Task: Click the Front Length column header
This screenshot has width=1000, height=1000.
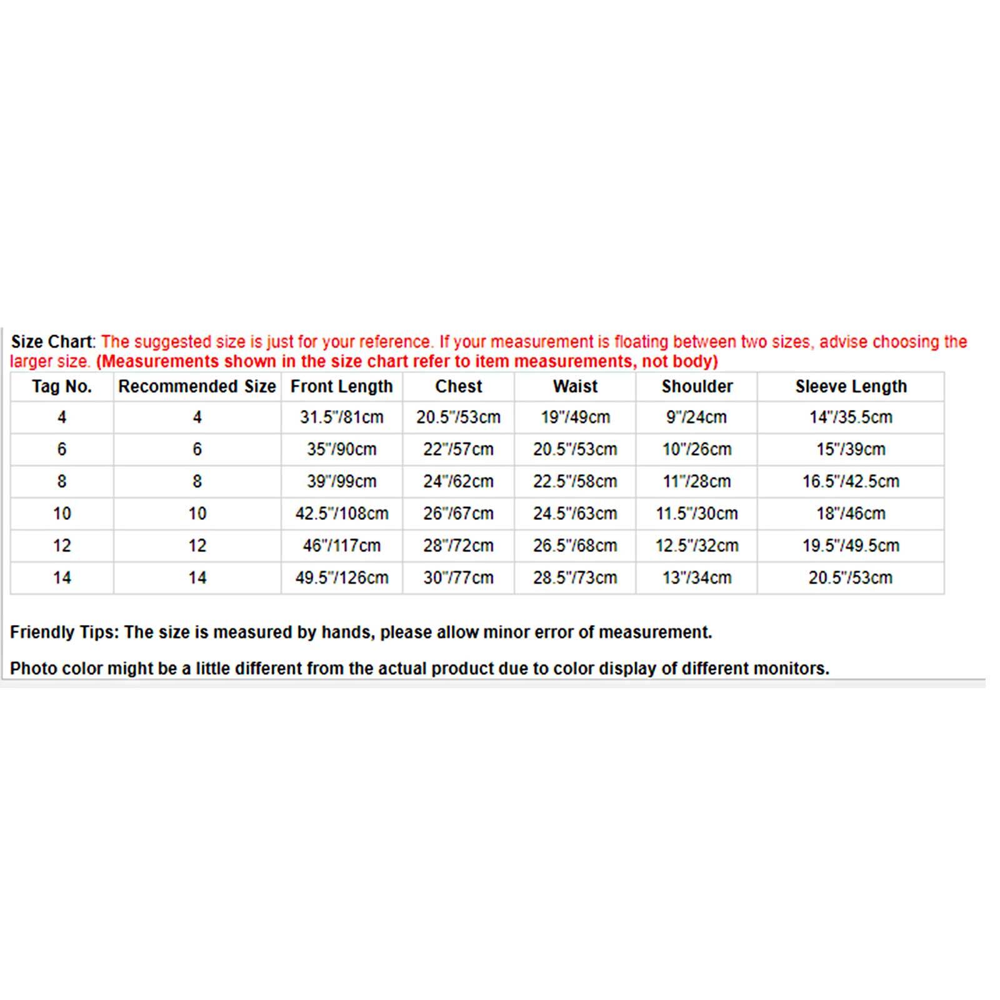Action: (341, 387)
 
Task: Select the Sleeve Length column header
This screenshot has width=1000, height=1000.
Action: (851, 387)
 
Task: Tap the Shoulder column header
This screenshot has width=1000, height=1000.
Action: (697, 387)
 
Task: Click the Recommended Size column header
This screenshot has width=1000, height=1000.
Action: (197, 387)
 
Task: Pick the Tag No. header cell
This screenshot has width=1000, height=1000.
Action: (62, 387)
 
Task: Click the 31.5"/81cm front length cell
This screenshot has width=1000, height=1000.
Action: (341, 417)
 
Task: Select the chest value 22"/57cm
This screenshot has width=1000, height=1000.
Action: (458, 449)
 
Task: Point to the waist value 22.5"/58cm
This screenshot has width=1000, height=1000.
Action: (575, 482)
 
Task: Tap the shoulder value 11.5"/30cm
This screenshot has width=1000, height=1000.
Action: (697, 514)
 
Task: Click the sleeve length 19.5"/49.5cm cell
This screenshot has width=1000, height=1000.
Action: (851, 546)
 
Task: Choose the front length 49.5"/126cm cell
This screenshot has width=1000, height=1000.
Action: (341, 578)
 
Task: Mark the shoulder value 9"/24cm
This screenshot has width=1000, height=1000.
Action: (697, 417)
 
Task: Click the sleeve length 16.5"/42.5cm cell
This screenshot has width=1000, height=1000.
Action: (851, 482)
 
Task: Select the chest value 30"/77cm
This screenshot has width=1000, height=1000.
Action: (458, 578)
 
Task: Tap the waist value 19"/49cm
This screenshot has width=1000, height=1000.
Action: (575, 417)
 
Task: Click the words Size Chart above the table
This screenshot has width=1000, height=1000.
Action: (51, 342)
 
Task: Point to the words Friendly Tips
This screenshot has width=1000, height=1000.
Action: (63, 632)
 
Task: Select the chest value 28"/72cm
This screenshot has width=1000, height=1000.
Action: (458, 546)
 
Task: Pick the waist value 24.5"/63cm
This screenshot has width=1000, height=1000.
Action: (575, 514)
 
